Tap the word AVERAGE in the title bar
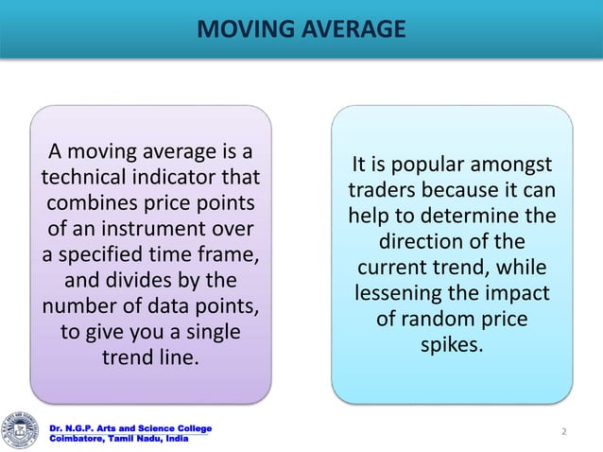coord(351,30)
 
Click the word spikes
coord(452,346)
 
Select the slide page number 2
coord(563,432)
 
